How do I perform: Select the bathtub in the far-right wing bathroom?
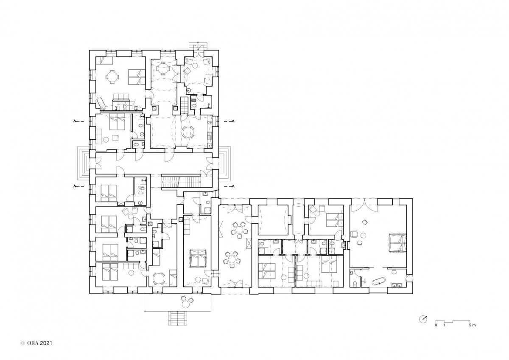point(379,282)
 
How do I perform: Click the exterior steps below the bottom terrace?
point(178,318)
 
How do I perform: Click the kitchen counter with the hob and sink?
point(209,132)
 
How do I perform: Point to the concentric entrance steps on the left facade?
point(83,163)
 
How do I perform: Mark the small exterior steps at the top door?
point(199,46)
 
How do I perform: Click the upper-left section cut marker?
point(78,121)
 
